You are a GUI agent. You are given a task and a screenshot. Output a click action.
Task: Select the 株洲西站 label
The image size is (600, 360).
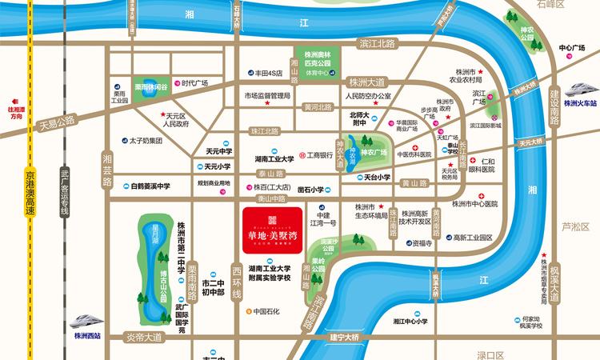86,337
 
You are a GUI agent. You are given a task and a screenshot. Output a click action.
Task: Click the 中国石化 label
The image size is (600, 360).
264,311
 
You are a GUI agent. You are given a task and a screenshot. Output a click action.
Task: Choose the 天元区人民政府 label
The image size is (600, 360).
175,121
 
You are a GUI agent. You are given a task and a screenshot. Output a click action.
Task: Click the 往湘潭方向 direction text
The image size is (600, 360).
13,113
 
